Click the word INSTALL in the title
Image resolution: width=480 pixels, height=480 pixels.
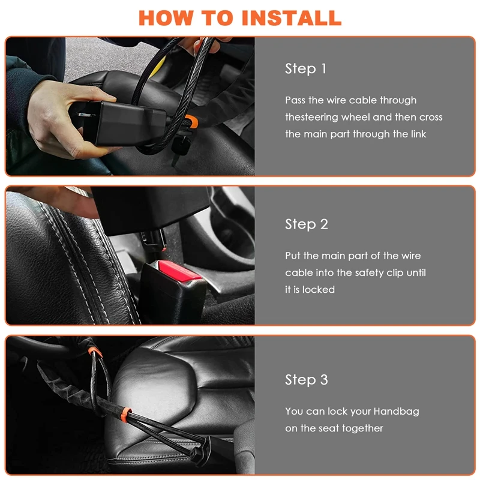click(x=292, y=18)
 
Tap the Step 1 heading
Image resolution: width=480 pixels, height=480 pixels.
click(x=305, y=68)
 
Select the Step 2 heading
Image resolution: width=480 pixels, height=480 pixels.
click(x=307, y=224)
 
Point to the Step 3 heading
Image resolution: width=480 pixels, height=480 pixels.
click(x=307, y=380)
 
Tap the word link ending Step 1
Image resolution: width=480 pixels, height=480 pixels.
click(x=418, y=134)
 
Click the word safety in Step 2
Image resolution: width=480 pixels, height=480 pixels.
click(x=368, y=273)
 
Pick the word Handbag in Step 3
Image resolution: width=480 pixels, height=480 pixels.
click(x=396, y=412)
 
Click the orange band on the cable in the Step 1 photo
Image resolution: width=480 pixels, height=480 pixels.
click(x=191, y=121)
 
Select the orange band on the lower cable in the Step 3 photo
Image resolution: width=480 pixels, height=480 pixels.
click(x=126, y=414)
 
